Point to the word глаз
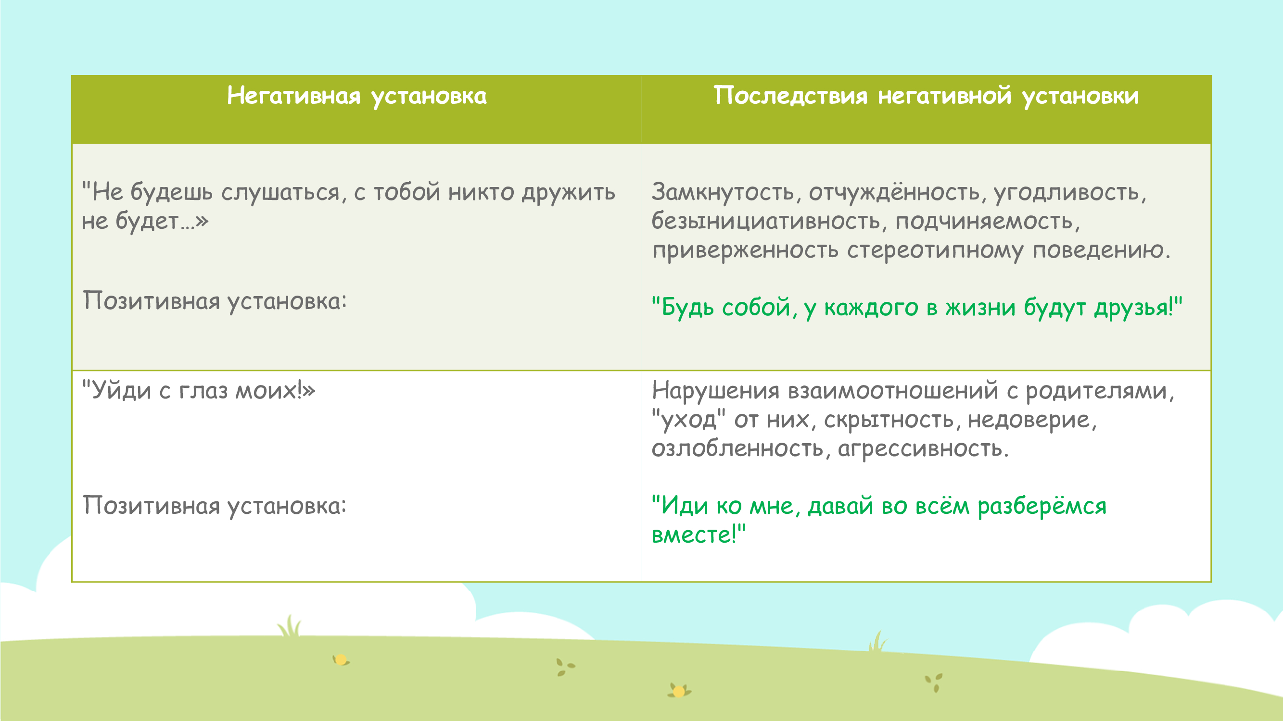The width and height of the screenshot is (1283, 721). click(x=203, y=391)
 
